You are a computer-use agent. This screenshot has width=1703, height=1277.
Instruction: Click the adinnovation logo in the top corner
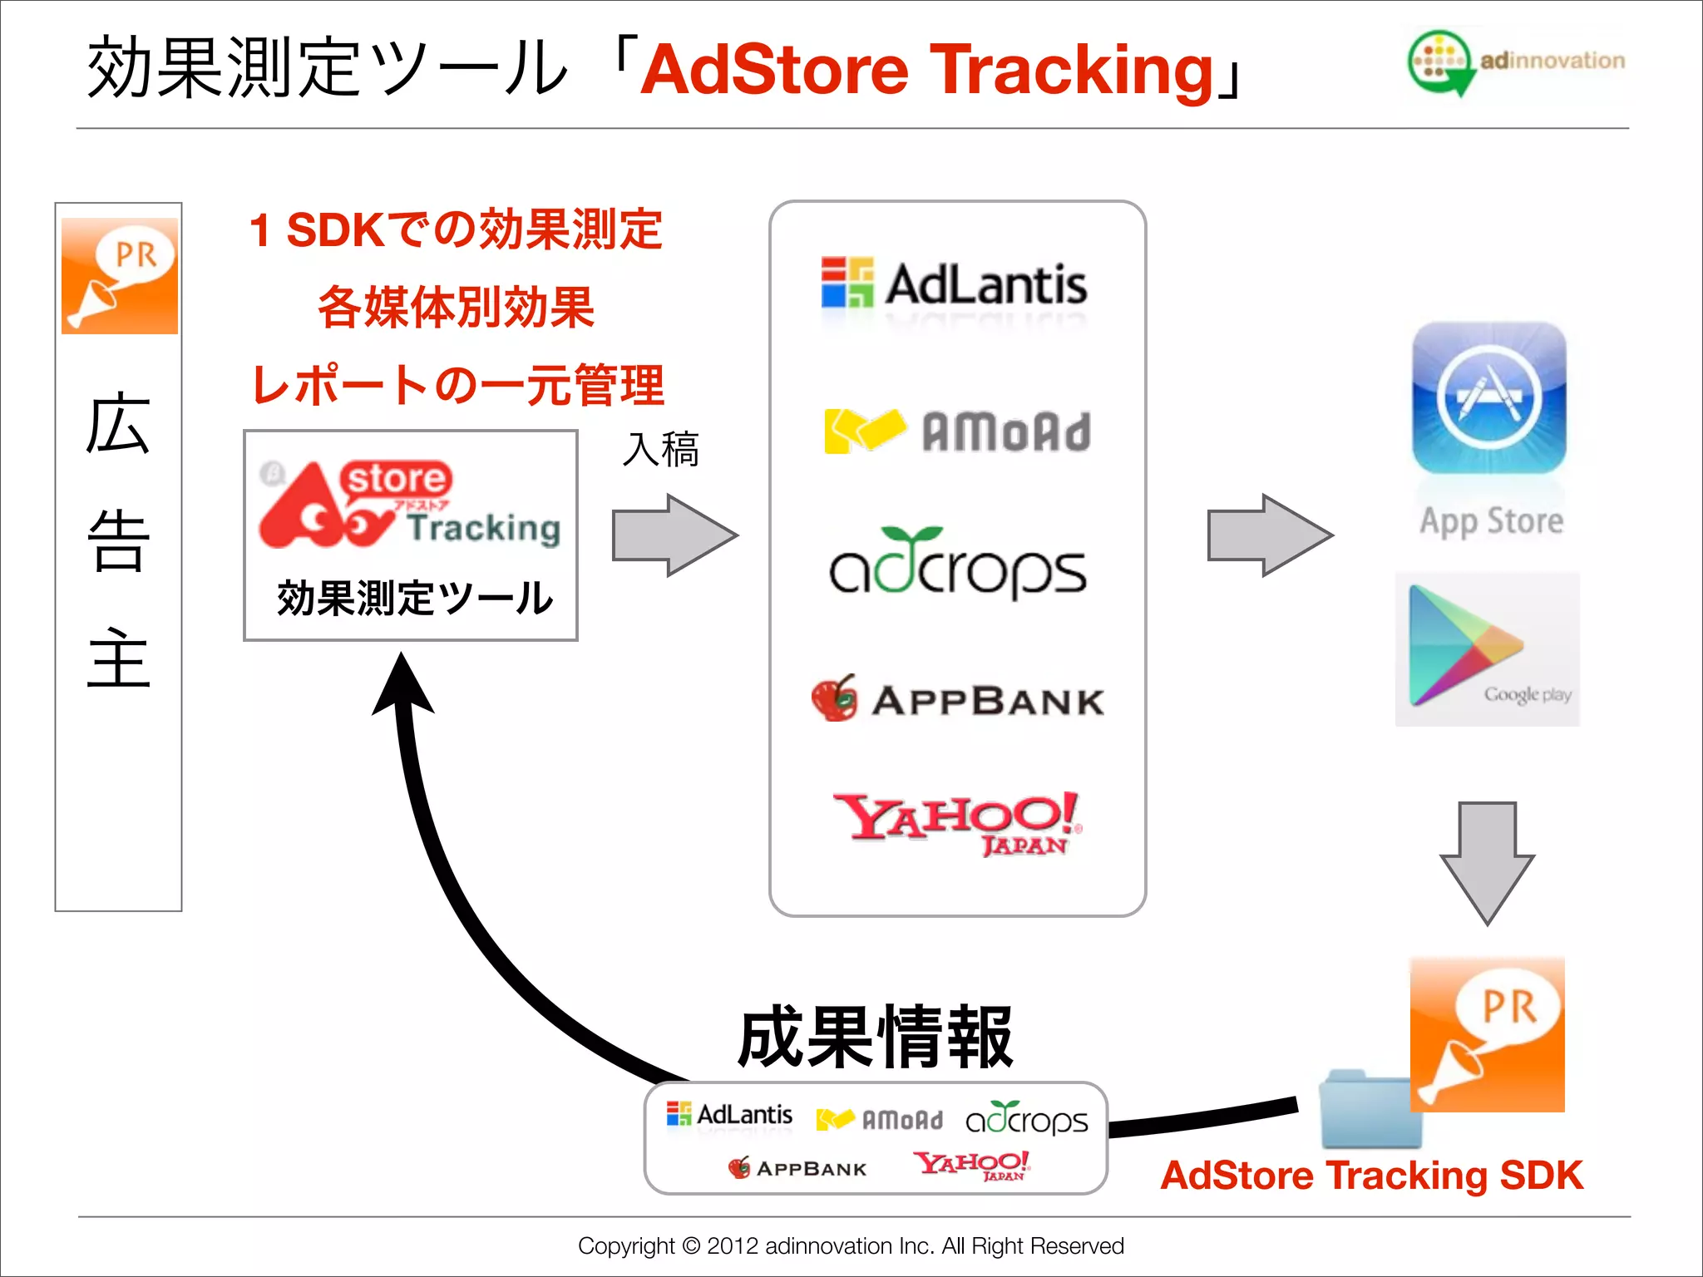click(x=1515, y=62)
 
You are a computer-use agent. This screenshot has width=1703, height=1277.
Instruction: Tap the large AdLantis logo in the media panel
click(x=955, y=284)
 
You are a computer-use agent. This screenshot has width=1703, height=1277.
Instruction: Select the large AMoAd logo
click(x=956, y=431)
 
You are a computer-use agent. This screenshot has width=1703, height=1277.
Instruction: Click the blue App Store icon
click(x=1489, y=398)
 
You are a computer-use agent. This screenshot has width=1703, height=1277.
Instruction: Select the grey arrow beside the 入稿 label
click(x=674, y=535)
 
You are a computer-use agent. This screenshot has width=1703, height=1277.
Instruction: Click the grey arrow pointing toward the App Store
click(x=1270, y=535)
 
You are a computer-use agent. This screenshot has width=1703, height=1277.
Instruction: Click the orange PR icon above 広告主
click(x=120, y=276)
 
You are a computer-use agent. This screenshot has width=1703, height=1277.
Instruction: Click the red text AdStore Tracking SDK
click(x=1371, y=1176)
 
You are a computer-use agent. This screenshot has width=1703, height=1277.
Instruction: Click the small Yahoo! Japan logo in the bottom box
click(x=971, y=1165)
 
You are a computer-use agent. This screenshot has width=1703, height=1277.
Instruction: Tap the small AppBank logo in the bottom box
click(x=797, y=1168)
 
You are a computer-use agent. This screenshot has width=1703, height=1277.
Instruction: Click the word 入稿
click(x=661, y=450)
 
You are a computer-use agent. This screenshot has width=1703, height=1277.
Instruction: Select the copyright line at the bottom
click(x=851, y=1245)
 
